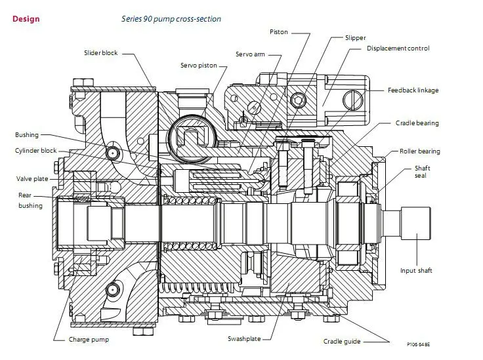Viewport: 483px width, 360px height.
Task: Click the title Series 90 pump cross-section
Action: click(171, 19)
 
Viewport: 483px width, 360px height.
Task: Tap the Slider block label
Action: click(100, 52)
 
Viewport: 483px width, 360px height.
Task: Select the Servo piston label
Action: click(199, 66)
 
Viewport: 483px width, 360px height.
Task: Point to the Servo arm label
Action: click(250, 54)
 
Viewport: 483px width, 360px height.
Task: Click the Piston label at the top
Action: click(279, 31)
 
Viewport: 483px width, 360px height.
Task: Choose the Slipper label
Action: click(355, 38)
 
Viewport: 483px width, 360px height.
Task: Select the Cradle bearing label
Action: click(417, 123)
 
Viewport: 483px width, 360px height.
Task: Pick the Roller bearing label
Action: click(420, 151)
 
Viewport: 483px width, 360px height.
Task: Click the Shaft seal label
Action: click(422, 172)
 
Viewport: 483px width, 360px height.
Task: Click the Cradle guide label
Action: click(341, 341)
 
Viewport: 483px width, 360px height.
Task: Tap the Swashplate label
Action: click(244, 340)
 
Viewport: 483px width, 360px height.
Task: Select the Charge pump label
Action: click(89, 340)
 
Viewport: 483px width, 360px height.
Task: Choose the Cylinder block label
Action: click(36, 150)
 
